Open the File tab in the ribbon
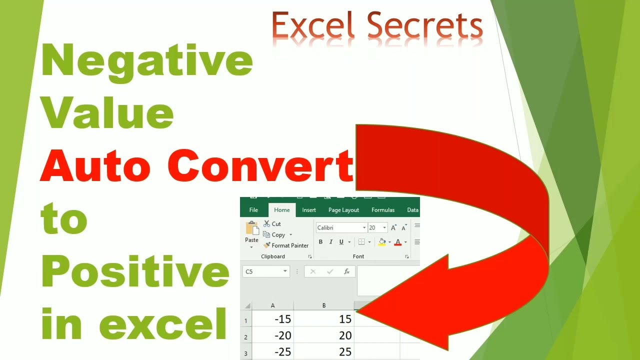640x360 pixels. tap(253, 210)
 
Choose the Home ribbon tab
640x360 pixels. tap(281, 210)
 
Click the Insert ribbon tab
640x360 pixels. tap(309, 210)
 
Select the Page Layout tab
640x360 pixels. tap(343, 210)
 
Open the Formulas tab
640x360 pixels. tap(383, 210)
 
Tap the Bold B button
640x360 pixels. tap(320, 242)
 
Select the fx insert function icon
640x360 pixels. tap(346, 271)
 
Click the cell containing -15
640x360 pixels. tap(273, 319)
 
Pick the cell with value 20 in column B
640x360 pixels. tap(324, 335)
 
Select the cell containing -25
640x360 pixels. tap(273, 351)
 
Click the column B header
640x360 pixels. tap(324, 305)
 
